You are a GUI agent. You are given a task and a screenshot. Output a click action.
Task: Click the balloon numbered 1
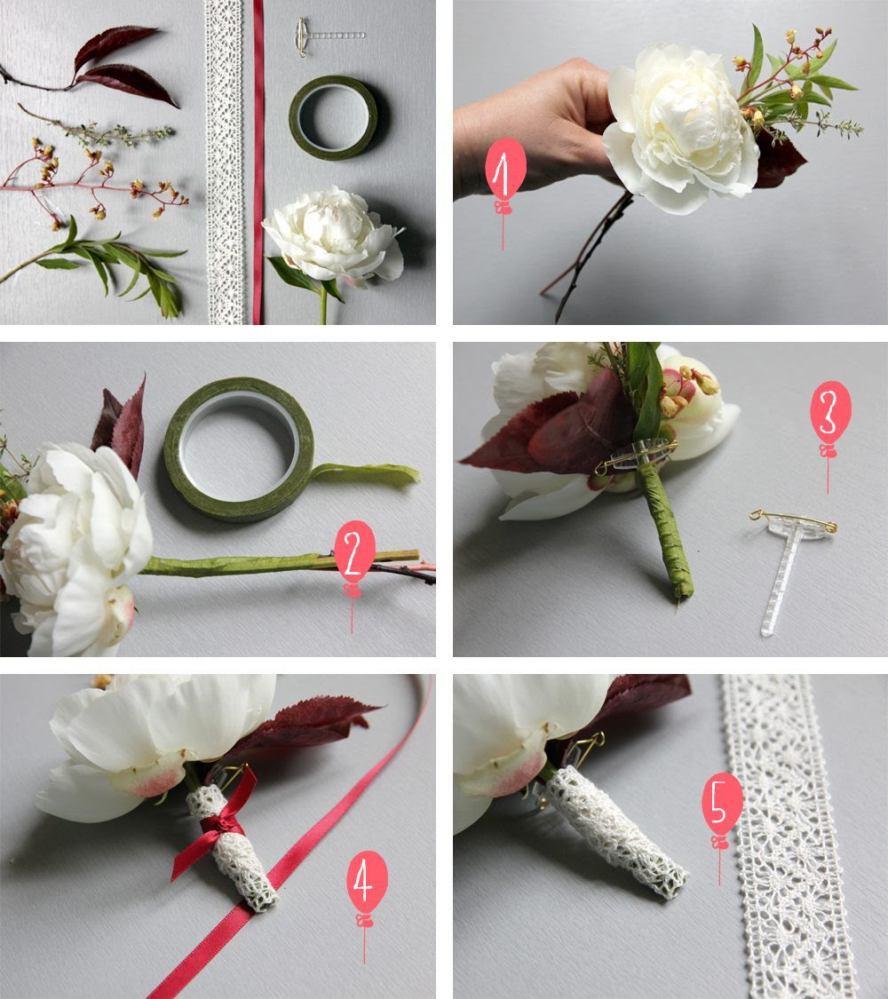pyautogui.click(x=505, y=168)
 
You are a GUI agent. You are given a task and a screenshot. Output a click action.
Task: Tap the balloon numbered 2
pyautogui.click(x=354, y=551)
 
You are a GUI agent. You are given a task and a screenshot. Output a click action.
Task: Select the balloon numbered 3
pyautogui.click(x=830, y=408)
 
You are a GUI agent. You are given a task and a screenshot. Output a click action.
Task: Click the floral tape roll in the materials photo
pyautogui.click(x=332, y=118)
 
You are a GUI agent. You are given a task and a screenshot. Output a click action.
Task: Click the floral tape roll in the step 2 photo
pyautogui.click(x=238, y=450)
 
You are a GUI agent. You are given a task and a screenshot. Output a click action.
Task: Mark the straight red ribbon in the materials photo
pyautogui.click(x=258, y=162)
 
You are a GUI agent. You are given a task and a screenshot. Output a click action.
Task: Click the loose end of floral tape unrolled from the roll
pyautogui.click(x=366, y=475)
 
